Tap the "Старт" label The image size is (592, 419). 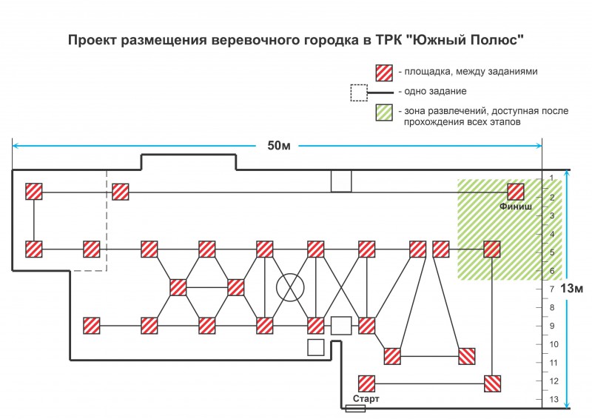click(366, 399)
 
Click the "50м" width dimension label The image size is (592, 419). click(277, 145)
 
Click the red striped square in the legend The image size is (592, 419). click(384, 72)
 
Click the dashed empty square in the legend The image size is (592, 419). click(359, 92)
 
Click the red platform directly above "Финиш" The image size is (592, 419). click(516, 191)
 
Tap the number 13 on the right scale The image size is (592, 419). click(553, 400)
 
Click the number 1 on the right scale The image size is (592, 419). click(553, 178)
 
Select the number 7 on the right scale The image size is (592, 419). click(553, 289)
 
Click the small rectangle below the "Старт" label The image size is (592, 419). click(355, 407)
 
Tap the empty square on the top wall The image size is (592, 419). click(341, 181)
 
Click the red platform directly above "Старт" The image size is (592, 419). click(367, 383)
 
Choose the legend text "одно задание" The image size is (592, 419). click(431, 92)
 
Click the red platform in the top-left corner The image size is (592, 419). click(34, 191)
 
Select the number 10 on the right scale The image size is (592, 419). click(553, 344)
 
